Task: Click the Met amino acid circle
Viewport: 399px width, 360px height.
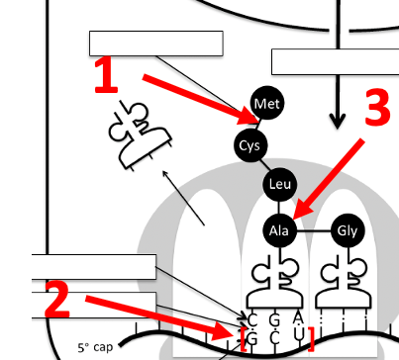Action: click(x=267, y=103)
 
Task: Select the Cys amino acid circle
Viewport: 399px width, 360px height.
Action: click(x=250, y=145)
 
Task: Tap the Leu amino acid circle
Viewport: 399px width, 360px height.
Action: click(x=280, y=184)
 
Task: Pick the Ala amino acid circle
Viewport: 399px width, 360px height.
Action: click(x=279, y=230)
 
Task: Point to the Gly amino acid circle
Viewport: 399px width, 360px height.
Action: click(x=348, y=230)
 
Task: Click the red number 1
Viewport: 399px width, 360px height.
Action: click(x=106, y=76)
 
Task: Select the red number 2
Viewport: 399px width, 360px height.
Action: click(x=57, y=300)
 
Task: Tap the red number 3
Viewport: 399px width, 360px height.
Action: click(x=378, y=107)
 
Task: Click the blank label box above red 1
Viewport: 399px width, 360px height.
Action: click(x=156, y=44)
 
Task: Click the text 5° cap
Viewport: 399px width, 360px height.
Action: click(x=95, y=347)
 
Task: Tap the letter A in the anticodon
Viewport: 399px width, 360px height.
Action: click(x=298, y=317)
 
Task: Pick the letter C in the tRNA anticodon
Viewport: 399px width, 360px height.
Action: click(x=252, y=320)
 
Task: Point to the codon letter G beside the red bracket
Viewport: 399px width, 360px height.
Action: click(x=251, y=338)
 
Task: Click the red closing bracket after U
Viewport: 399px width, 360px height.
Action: click(x=311, y=338)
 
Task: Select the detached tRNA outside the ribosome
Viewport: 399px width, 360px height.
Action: click(x=141, y=135)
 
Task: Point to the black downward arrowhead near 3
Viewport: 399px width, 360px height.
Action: click(x=338, y=122)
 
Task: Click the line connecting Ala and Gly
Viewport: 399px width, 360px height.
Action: click(x=314, y=231)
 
